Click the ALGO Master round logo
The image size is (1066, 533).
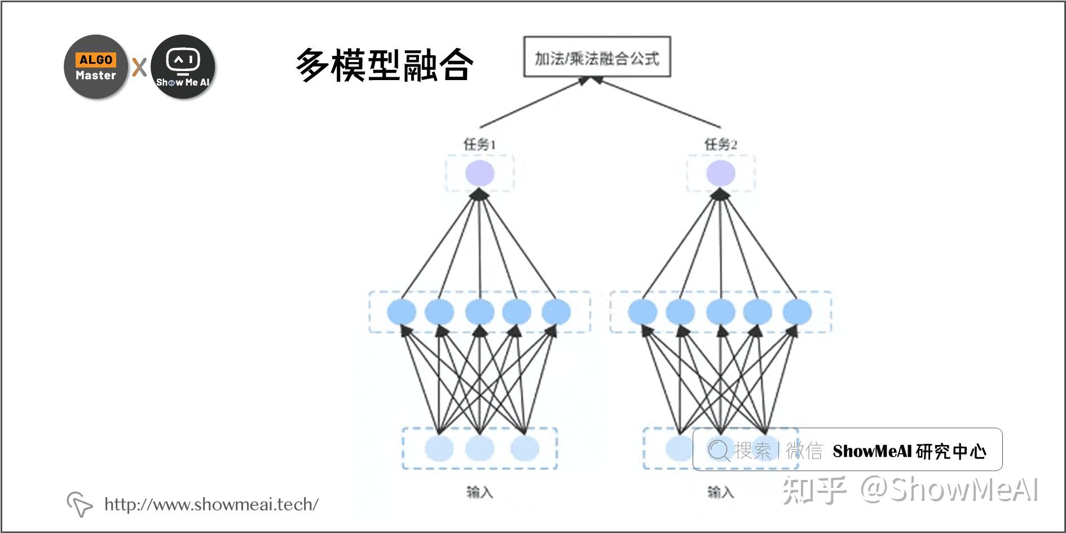tap(96, 67)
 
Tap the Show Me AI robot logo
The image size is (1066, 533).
tap(183, 67)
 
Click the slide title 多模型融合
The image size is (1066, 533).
tap(385, 65)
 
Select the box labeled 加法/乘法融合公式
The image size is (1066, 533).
tap(597, 57)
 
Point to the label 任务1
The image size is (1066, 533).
tap(479, 144)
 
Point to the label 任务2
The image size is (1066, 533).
tap(720, 144)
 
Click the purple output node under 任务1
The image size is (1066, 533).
tap(480, 173)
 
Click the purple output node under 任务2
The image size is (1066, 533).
tap(721, 173)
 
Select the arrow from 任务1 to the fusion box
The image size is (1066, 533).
tap(535, 103)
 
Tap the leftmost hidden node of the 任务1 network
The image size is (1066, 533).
tap(402, 312)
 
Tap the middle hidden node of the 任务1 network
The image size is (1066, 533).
tap(480, 312)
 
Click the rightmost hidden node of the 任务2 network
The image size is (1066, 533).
tap(797, 312)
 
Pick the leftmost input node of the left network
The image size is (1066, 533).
tap(439, 449)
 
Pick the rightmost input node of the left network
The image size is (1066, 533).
tap(525, 449)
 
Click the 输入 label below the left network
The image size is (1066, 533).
tap(480, 492)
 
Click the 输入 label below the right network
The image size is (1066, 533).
tap(721, 492)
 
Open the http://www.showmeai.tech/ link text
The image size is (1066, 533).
tap(212, 504)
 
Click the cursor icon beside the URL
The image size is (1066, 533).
tap(80, 504)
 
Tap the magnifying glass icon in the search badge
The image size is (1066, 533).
tap(719, 450)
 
